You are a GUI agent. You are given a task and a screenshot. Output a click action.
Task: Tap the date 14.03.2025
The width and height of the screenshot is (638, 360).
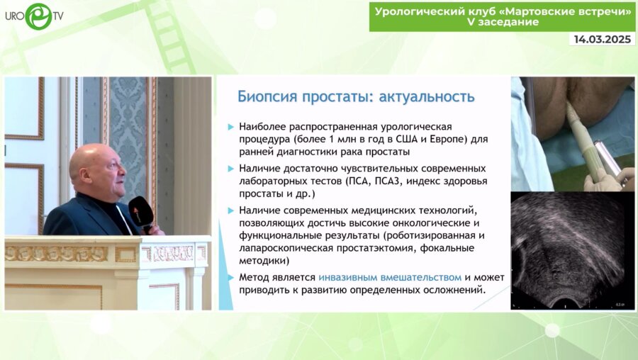[602, 40]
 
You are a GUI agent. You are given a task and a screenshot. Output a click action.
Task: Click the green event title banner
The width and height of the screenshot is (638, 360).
[502, 16]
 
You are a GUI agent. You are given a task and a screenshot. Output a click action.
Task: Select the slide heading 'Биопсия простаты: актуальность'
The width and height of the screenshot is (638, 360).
[356, 95]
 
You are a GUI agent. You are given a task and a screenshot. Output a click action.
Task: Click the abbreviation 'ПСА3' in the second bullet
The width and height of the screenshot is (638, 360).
[389, 181]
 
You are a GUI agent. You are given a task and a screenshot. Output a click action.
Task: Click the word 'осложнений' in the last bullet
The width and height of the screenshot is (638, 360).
[454, 289]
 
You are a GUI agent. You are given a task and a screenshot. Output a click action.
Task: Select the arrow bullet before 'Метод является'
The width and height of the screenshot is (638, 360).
[230, 278]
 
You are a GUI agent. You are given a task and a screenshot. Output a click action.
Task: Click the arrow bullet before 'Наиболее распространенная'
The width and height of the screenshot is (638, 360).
[230, 126]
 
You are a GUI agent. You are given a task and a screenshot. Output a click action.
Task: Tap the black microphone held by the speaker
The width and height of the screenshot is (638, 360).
[141, 213]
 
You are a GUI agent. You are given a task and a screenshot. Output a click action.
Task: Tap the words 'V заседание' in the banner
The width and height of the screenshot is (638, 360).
[503, 22]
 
